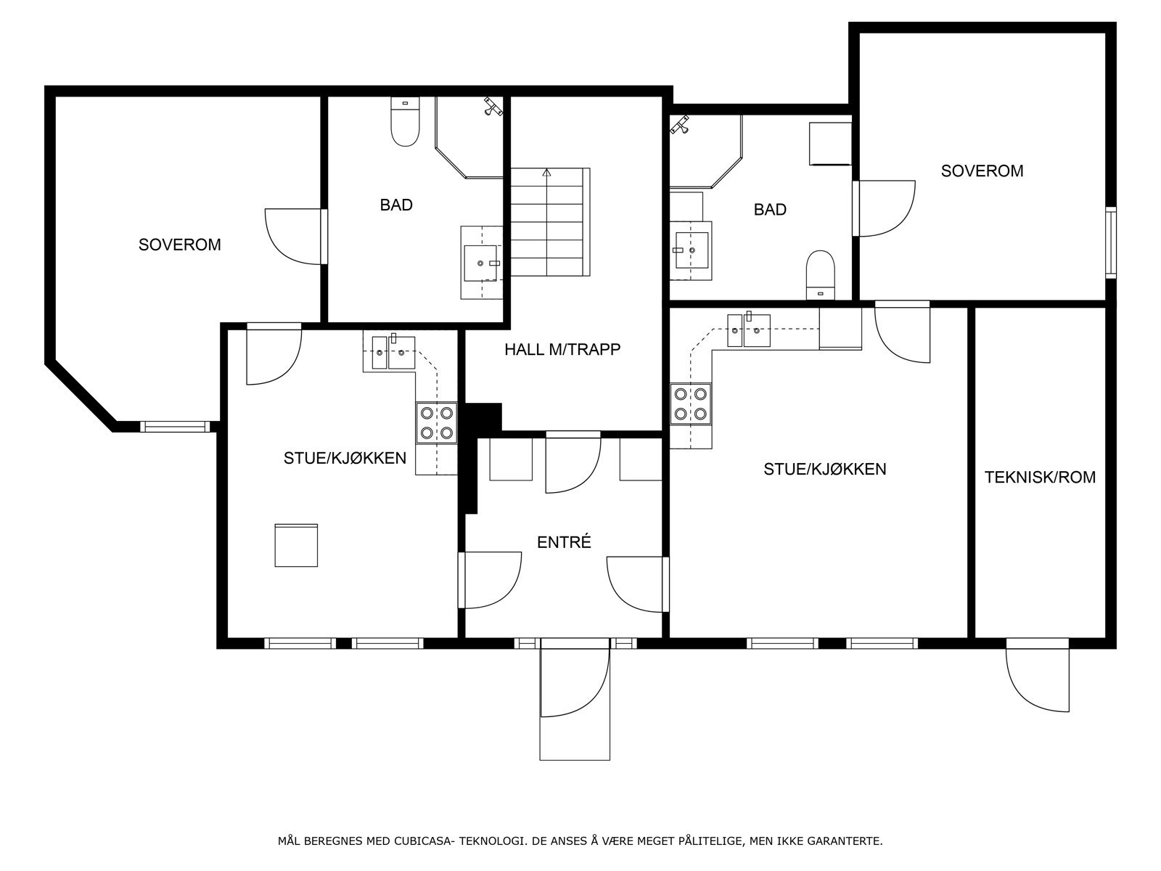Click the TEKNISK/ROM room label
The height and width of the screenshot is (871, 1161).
[1040, 478]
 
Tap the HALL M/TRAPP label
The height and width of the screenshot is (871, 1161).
[562, 350]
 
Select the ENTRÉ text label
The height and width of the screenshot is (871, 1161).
[564, 542]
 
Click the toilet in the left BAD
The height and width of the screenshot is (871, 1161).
[405, 123]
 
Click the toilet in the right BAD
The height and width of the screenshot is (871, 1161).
[821, 274]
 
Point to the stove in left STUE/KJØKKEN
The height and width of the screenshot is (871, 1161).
[436, 423]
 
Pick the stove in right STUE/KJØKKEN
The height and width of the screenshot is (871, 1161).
[691, 404]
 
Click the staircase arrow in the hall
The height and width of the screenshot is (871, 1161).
[546, 173]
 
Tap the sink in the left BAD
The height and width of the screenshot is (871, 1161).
[481, 262]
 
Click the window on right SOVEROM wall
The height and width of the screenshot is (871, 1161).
[1110, 242]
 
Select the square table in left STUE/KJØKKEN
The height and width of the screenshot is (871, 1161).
[296, 544]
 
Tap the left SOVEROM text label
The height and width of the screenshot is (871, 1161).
[179, 245]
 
